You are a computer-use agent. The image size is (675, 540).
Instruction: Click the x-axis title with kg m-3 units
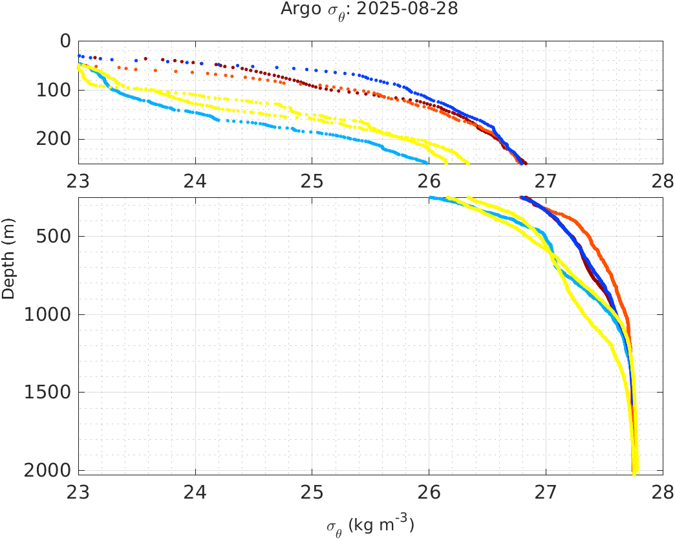point(370,524)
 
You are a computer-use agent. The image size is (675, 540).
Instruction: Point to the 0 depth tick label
point(65,41)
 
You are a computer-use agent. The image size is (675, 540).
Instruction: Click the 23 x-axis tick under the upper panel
point(78,181)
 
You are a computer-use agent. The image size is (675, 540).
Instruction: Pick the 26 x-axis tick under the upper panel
point(429,181)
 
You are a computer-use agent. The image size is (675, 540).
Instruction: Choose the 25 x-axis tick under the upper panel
point(312,181)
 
